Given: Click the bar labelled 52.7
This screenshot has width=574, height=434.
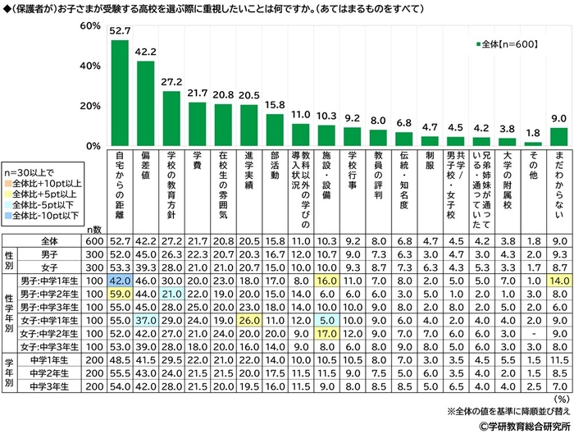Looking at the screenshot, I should tap(120, 93).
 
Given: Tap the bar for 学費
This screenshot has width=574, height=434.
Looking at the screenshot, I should tap(198, 124).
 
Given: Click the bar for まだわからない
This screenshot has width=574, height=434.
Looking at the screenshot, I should tap(558, 136).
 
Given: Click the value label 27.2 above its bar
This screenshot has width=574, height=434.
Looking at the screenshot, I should tap(171, 83).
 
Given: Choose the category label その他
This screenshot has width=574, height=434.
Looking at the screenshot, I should tap(534, 164).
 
